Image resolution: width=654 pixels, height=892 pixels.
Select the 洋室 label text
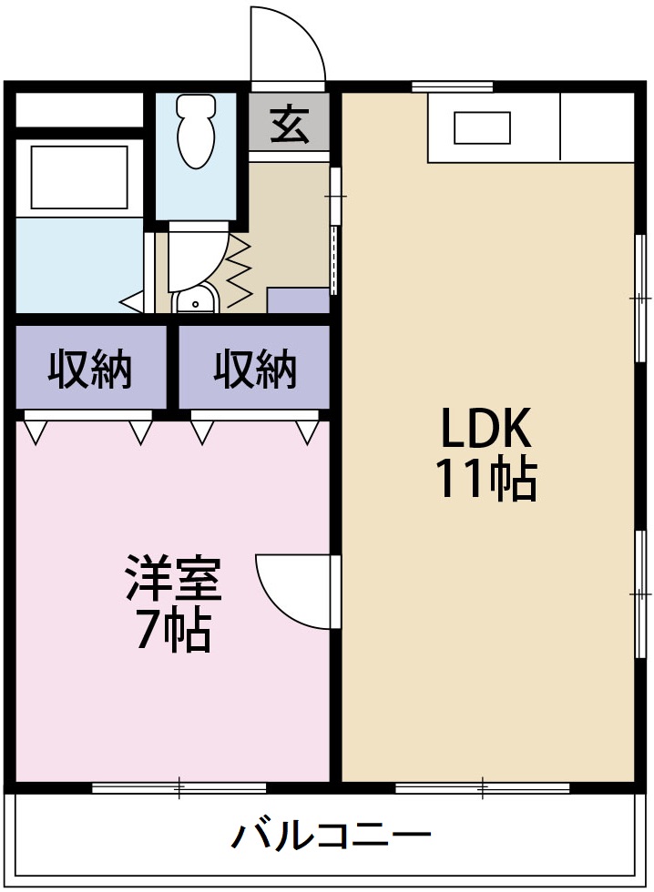click(173, 581)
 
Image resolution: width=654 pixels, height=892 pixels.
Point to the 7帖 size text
click(173, 631)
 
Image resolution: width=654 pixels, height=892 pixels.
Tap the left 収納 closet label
click(90, 370)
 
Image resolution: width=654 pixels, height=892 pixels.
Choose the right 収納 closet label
click(255, 370)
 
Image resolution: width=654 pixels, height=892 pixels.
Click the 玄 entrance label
click(289, 126)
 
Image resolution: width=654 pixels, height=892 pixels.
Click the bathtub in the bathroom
click(78, 176)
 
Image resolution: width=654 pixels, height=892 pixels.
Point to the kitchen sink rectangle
click(482, 127)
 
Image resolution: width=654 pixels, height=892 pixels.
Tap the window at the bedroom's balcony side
click(179, 787)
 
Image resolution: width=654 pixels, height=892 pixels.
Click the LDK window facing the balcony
click(483, 787)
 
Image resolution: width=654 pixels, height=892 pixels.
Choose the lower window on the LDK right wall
click(643, 592)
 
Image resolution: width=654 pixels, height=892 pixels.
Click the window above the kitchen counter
click(452, 87)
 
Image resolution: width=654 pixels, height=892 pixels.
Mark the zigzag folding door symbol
click(239, 270)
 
